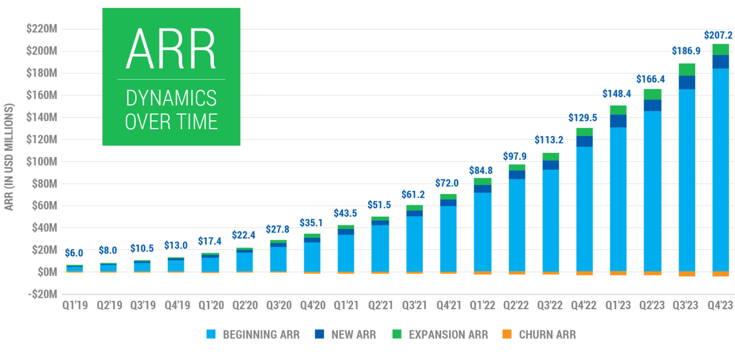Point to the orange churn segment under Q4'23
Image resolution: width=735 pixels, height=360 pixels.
pyautogui.click(x=720, y=274)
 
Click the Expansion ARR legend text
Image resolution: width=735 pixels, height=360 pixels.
pyautogui.click(x=448, y=334)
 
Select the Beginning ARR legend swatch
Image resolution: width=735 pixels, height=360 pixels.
pyautogui.click(x=212, y=334)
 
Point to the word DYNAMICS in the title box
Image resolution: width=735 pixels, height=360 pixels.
pyautogui.click(x=171, y=98)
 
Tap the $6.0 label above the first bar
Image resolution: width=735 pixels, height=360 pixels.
pyautogui.click(x=74, y=253)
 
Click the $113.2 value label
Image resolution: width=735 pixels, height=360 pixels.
pyautogui.click(x=552, y=140)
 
